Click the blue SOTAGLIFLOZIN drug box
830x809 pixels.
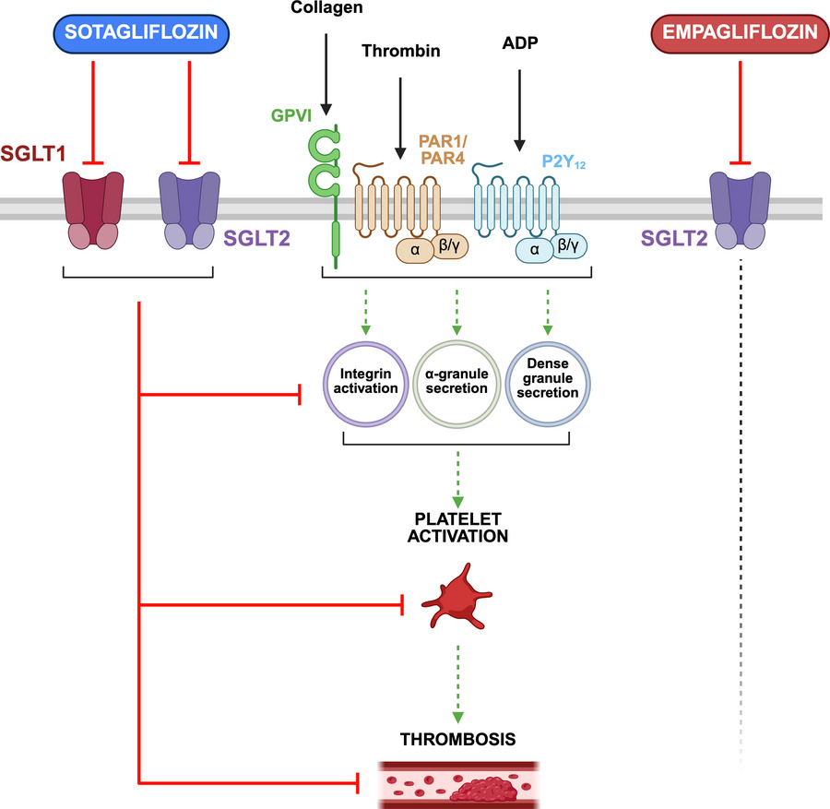[141, 34]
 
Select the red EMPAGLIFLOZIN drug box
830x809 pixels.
[740, 34]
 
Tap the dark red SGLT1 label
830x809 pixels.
[33, 153]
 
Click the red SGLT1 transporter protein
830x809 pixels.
[93, 210]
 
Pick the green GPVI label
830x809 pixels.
[291, 115]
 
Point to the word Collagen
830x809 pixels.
[326, 7]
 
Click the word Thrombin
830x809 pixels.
[401, 51]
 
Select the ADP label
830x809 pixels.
[520, 42]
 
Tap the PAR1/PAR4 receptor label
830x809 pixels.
[443, 149]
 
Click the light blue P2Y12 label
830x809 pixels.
[563, 161]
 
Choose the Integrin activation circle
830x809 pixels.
[365, 384]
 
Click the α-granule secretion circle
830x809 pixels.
[456, 384]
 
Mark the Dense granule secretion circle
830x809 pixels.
[548, 384]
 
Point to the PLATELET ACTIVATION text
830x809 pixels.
[457, 528]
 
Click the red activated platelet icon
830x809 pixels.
[456, 597]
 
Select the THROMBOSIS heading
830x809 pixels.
[457, 739]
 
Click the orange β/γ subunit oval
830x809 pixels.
[450, 246]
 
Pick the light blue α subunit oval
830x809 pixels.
[535, 250]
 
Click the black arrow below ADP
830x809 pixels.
[520, 110]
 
